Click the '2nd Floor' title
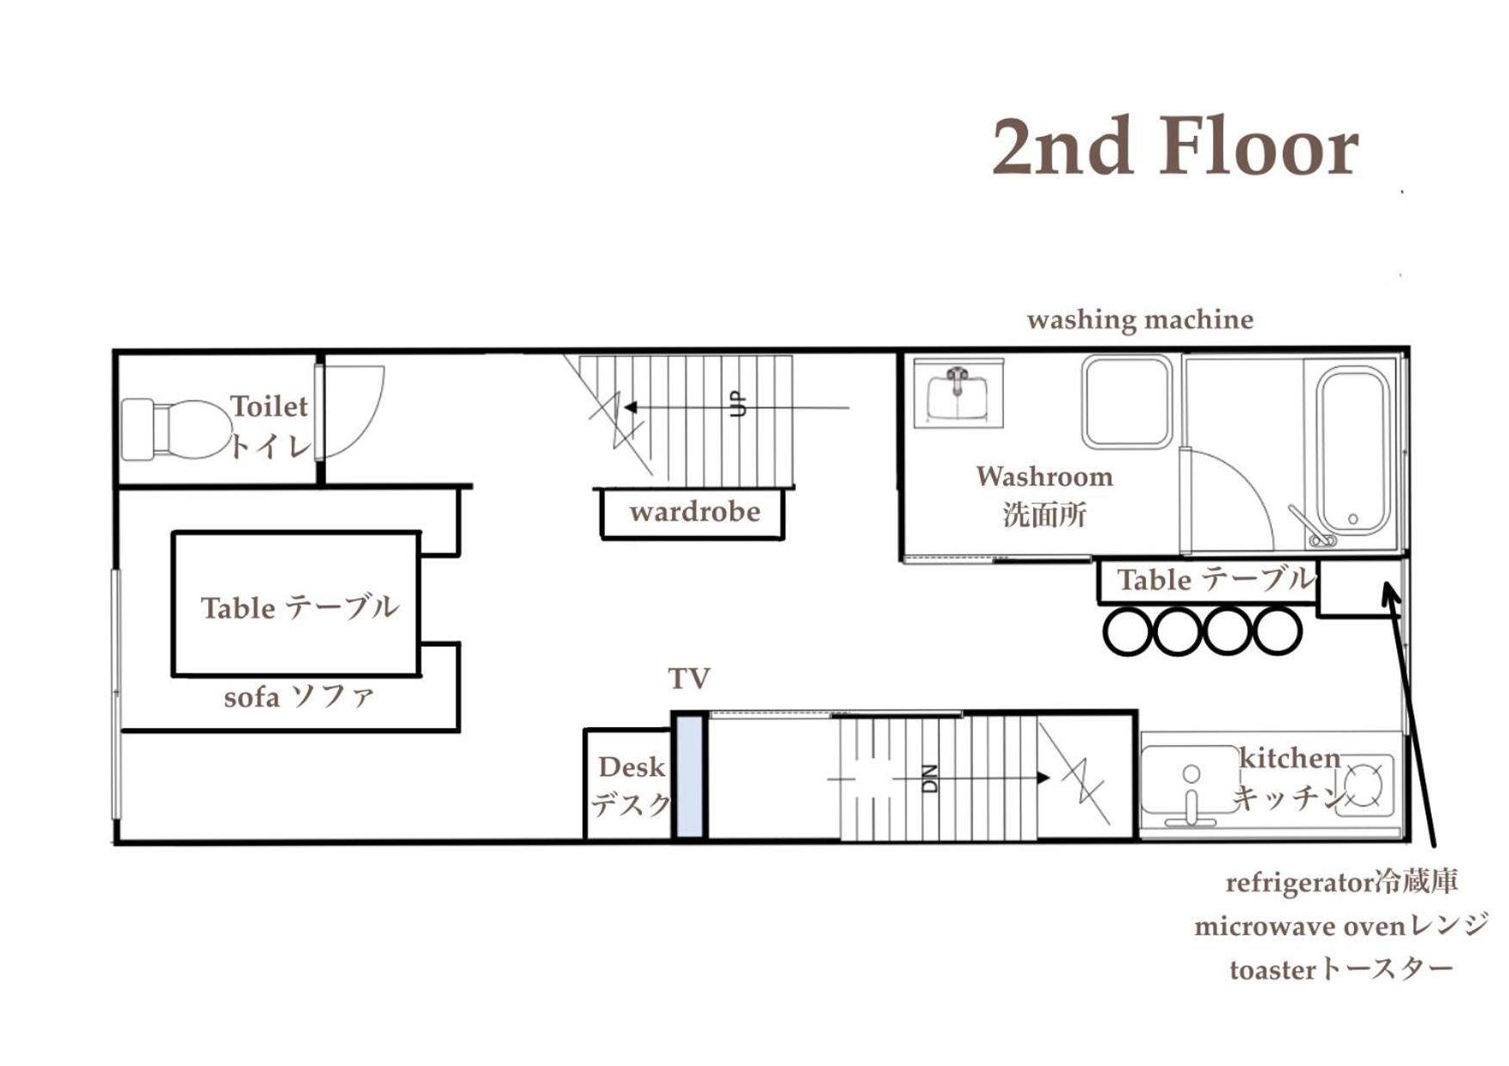pos(1175,147)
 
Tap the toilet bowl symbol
pos(176,428)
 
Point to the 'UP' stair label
pos(737,404)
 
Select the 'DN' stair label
pos(929,779)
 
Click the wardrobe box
pos(693,514)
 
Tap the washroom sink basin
pos(958,393)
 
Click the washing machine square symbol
pos(1127,402)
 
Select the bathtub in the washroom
pos(1353,451)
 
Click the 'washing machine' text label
pos(1140,320)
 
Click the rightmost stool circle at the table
pos(1278,632)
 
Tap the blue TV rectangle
pos(689,776)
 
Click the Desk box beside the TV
pos(628,784)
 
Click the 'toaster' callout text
pos(1273,970)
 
